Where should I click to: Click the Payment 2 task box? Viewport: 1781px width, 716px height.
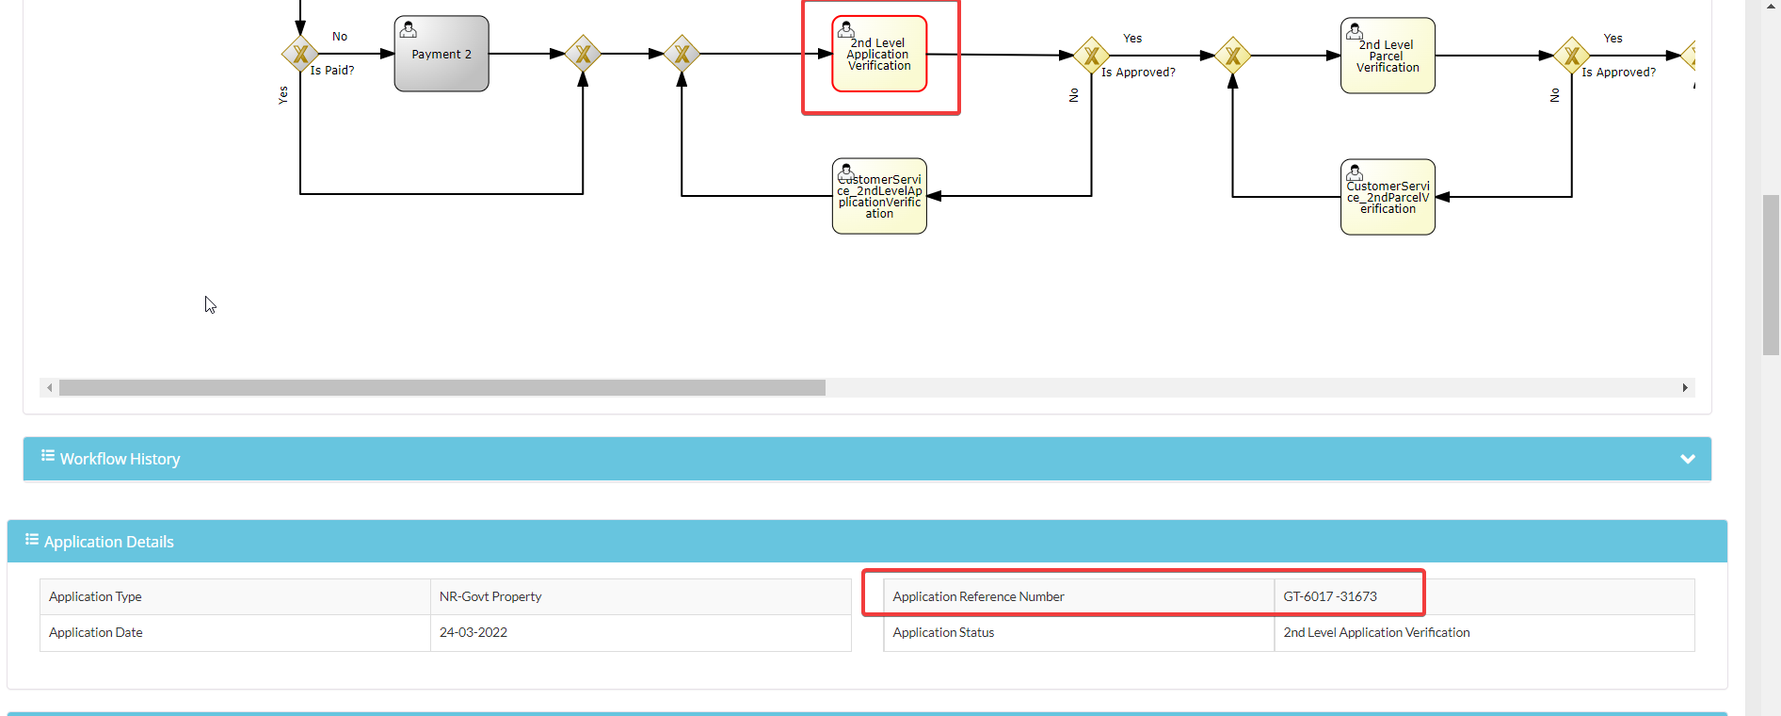(x=441, y=54)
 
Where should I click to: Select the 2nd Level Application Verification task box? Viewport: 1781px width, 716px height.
(x=879, y=54)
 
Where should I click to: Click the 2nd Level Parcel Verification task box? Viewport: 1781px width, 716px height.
(x=1388, y=56)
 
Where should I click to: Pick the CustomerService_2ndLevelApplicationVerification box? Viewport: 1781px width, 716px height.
(x=879, y=196)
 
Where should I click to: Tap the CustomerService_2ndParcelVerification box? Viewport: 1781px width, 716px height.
(x=1388, y=197)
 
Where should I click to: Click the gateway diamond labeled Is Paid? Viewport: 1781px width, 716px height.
(x=300, y=54)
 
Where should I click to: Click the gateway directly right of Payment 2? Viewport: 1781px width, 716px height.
(x=583, y=54)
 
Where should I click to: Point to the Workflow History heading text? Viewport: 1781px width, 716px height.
(x=120, y=459)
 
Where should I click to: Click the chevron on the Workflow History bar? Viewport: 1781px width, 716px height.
(x=1688, y=459)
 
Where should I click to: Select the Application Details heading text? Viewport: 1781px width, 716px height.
(x=109, y=542)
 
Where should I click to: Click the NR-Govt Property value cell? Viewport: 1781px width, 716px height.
(x=641, y=596)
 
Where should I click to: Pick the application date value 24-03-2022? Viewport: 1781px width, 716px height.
(x=473, y=632)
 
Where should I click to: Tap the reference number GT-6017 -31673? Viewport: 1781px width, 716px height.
(x=1330, y=596)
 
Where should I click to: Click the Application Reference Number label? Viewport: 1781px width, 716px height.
(x=978, y=596)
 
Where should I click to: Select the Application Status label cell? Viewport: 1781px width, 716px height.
(x=1079, y=632)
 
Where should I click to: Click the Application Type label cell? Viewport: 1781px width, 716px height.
(x=235, y=596)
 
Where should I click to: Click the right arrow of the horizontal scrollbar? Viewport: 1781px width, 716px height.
(x=1685, y=387)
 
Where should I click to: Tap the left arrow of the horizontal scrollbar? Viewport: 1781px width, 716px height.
(x=50, y=387)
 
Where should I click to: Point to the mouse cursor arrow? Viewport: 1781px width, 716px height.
(x=210, y=304)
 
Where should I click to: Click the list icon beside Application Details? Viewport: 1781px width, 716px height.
(x=32, y=539)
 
